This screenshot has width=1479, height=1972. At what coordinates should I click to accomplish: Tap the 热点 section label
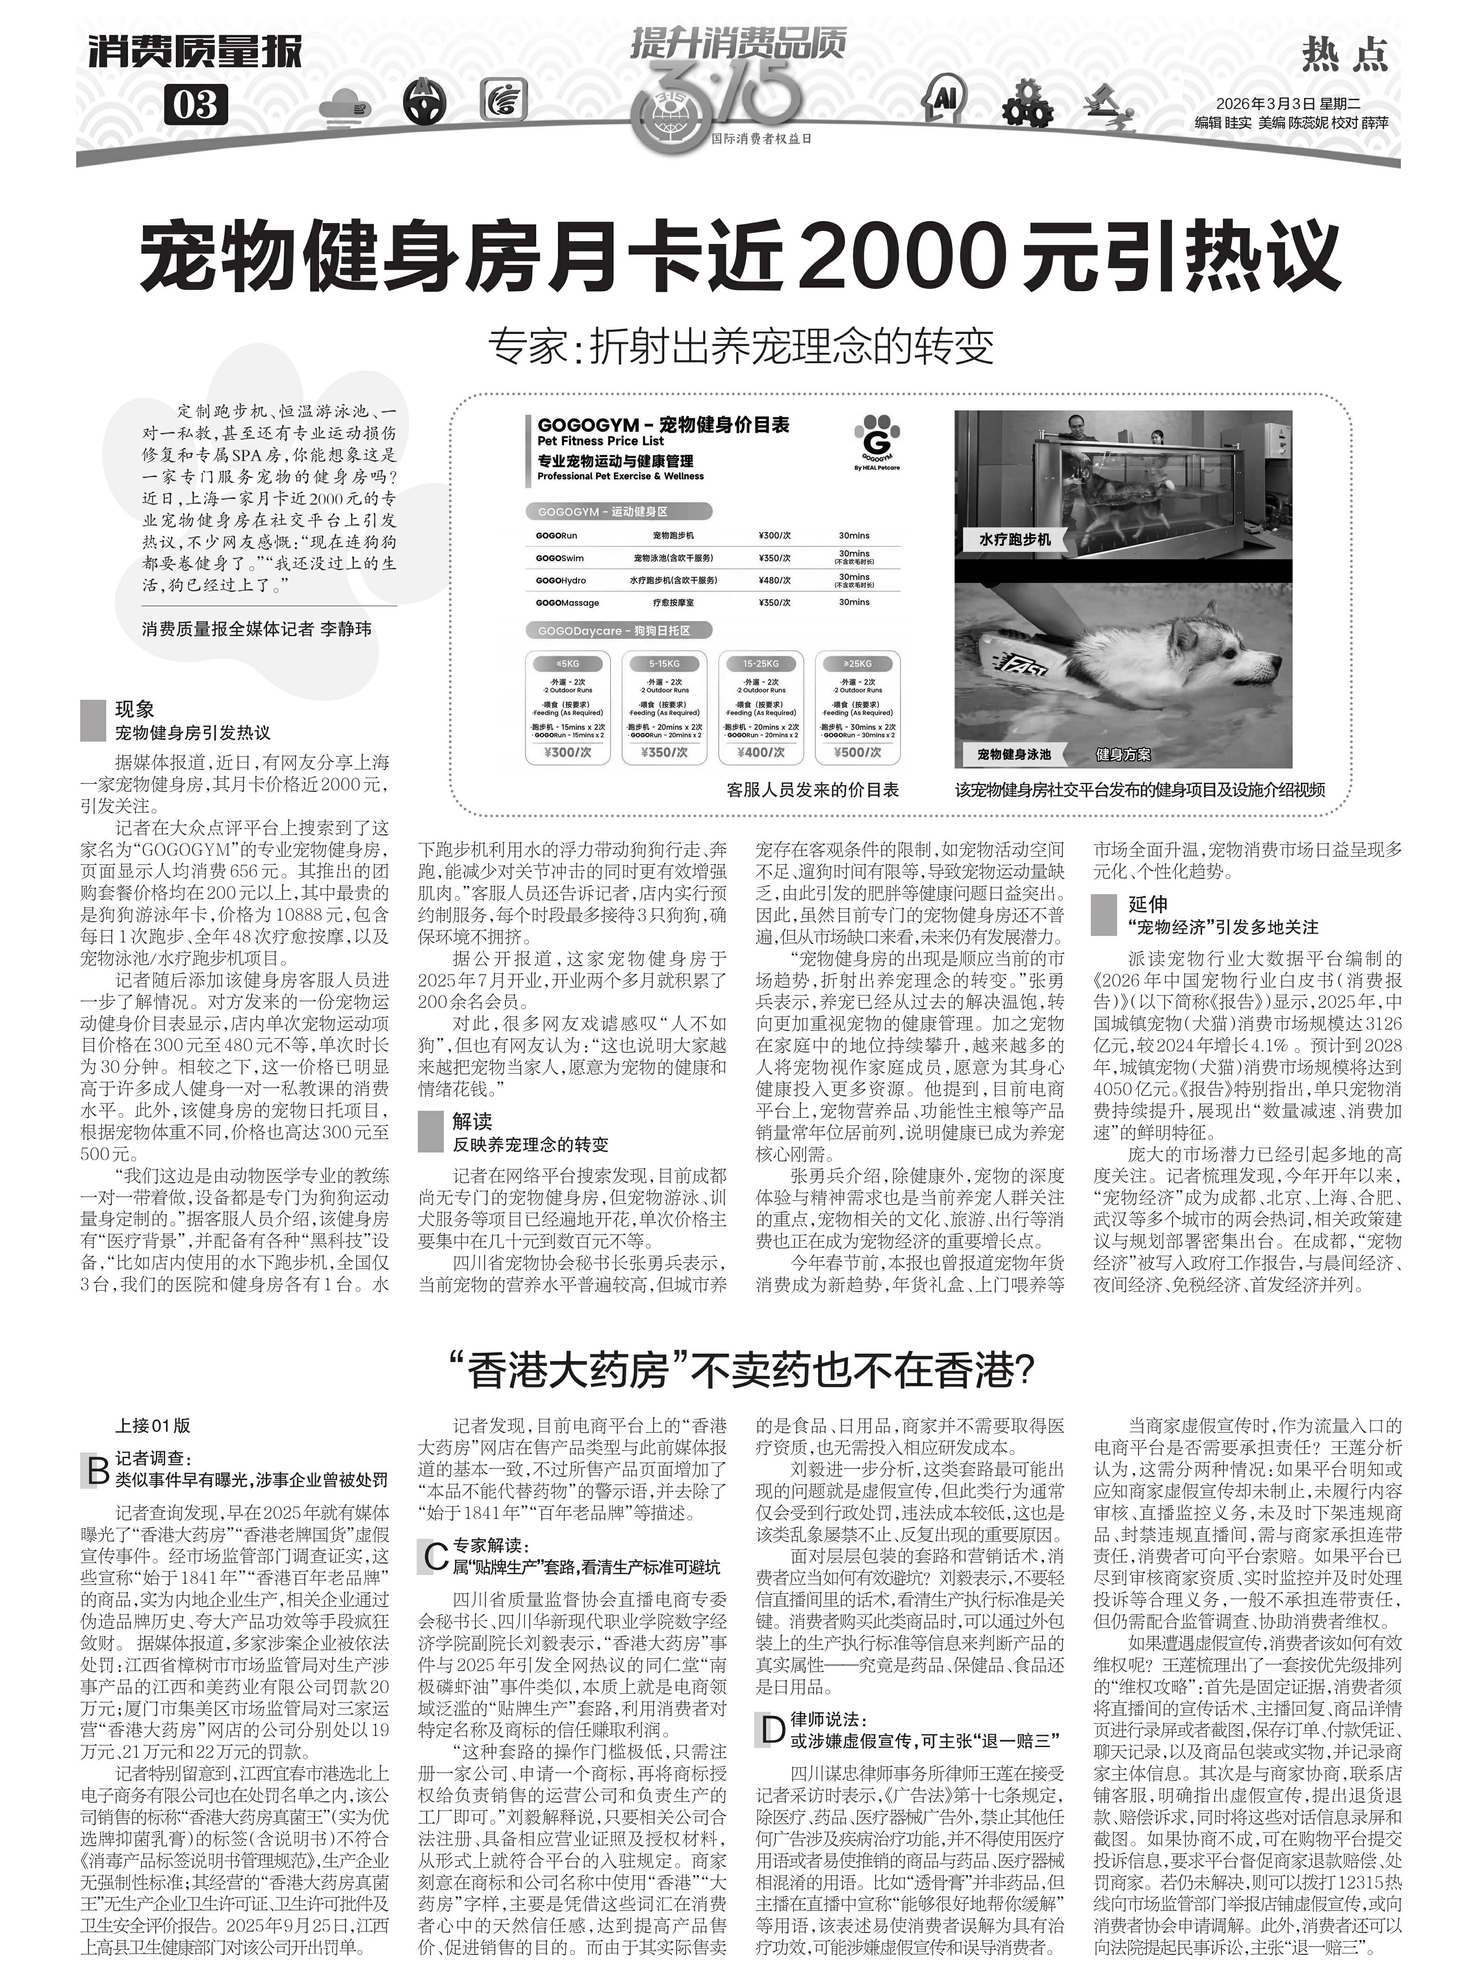(x=1345, y=55)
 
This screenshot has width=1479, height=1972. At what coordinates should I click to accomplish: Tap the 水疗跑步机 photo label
(x=1015, y=539)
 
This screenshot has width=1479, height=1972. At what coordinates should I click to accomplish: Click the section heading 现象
(x=134, y=710)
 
